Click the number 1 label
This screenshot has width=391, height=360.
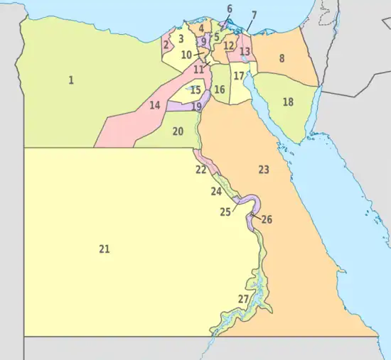71,80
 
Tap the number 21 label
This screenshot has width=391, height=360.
105,249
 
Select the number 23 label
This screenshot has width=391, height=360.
264,170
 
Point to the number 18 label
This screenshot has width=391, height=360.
288,102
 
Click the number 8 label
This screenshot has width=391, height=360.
282,58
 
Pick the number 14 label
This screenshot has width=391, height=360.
154,106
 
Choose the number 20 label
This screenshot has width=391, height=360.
178,131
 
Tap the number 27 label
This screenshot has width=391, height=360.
243,299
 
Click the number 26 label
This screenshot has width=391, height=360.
267,219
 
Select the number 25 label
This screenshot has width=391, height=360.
225,212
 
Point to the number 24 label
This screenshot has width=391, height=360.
216,192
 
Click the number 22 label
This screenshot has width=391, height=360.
201,170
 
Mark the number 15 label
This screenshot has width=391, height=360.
195,90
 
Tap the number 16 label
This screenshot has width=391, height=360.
220,89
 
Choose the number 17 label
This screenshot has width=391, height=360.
240,76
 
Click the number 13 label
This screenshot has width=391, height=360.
245,52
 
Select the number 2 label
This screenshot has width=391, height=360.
166,45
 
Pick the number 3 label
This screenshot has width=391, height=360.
181,39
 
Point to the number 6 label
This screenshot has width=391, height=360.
229,9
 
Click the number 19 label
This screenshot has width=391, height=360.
196,107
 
